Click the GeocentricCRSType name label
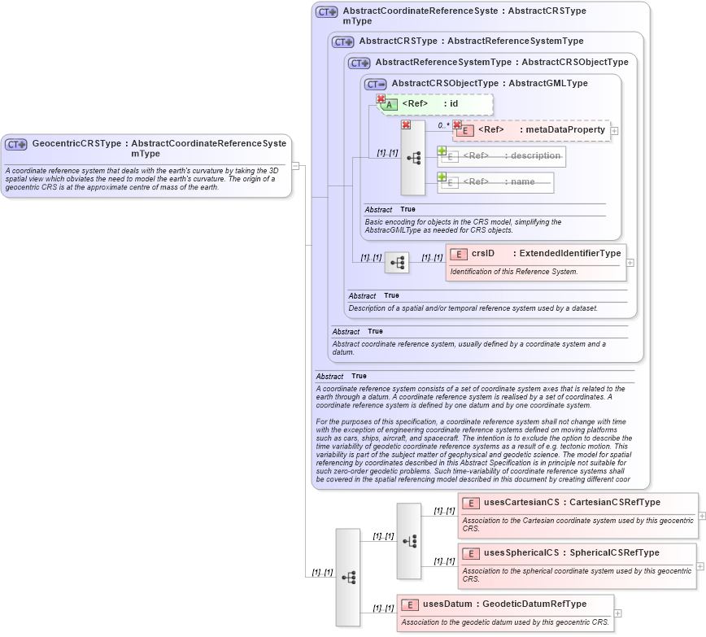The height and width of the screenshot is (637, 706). (x=77, y=143)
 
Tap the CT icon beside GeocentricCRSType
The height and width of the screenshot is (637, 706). (x=16, y=144)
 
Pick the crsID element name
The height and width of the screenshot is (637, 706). (x=483, y=253)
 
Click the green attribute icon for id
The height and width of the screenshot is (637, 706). (x=389, y=104)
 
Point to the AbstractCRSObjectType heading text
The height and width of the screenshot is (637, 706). (x=445, y=83)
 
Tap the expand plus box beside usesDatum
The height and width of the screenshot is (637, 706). (x=617, y=613)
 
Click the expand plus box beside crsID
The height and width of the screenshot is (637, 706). (x=630, y=263)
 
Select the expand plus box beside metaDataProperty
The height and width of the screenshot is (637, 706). (x=614, y=130)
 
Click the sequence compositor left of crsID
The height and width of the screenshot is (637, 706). (x=397, y=263)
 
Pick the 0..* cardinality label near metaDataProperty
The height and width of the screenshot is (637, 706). (x=443, y=125)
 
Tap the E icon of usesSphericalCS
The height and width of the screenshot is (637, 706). (x=470, y=553)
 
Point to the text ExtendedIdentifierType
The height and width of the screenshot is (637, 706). (x=570, y=253)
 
